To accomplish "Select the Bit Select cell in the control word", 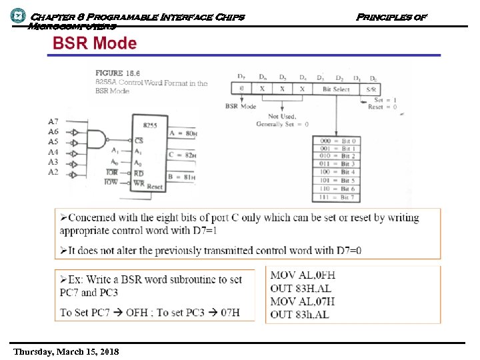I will click(336, 88).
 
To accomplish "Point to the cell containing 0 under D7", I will click(241, 88).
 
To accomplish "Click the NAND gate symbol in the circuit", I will click(99, 137).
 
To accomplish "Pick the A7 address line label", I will click(53, 121).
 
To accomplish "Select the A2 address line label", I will click(53, 172).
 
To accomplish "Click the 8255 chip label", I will click(150, 125).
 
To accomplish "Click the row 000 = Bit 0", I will click(339, 141).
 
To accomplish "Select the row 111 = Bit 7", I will click(339, 197).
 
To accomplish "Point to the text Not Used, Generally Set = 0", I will click(282, 121).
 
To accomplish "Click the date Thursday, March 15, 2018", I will click(65, 351).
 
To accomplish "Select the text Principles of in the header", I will click(391, 16).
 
